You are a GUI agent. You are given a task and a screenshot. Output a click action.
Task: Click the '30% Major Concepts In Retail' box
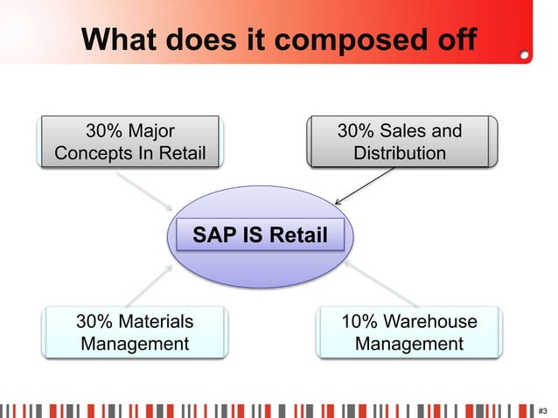coord(129,142)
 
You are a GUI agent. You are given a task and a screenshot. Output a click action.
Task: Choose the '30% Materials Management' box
coord(135,332)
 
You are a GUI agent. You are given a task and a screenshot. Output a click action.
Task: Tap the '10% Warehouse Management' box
coord(409,332)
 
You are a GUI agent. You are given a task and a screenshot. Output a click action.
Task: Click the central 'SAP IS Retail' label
coord(260,235)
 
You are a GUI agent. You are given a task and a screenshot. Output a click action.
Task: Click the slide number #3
coord(543,409)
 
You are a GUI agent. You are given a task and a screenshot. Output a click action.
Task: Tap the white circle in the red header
coord(524,53)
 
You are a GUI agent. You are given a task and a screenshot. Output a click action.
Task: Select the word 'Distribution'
coord(399,154)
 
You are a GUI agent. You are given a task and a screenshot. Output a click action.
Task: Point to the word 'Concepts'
coord(92,154)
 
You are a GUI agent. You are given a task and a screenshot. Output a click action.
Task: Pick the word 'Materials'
coord(157,321)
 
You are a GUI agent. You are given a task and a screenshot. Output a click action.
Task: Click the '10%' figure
coord(359,321)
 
